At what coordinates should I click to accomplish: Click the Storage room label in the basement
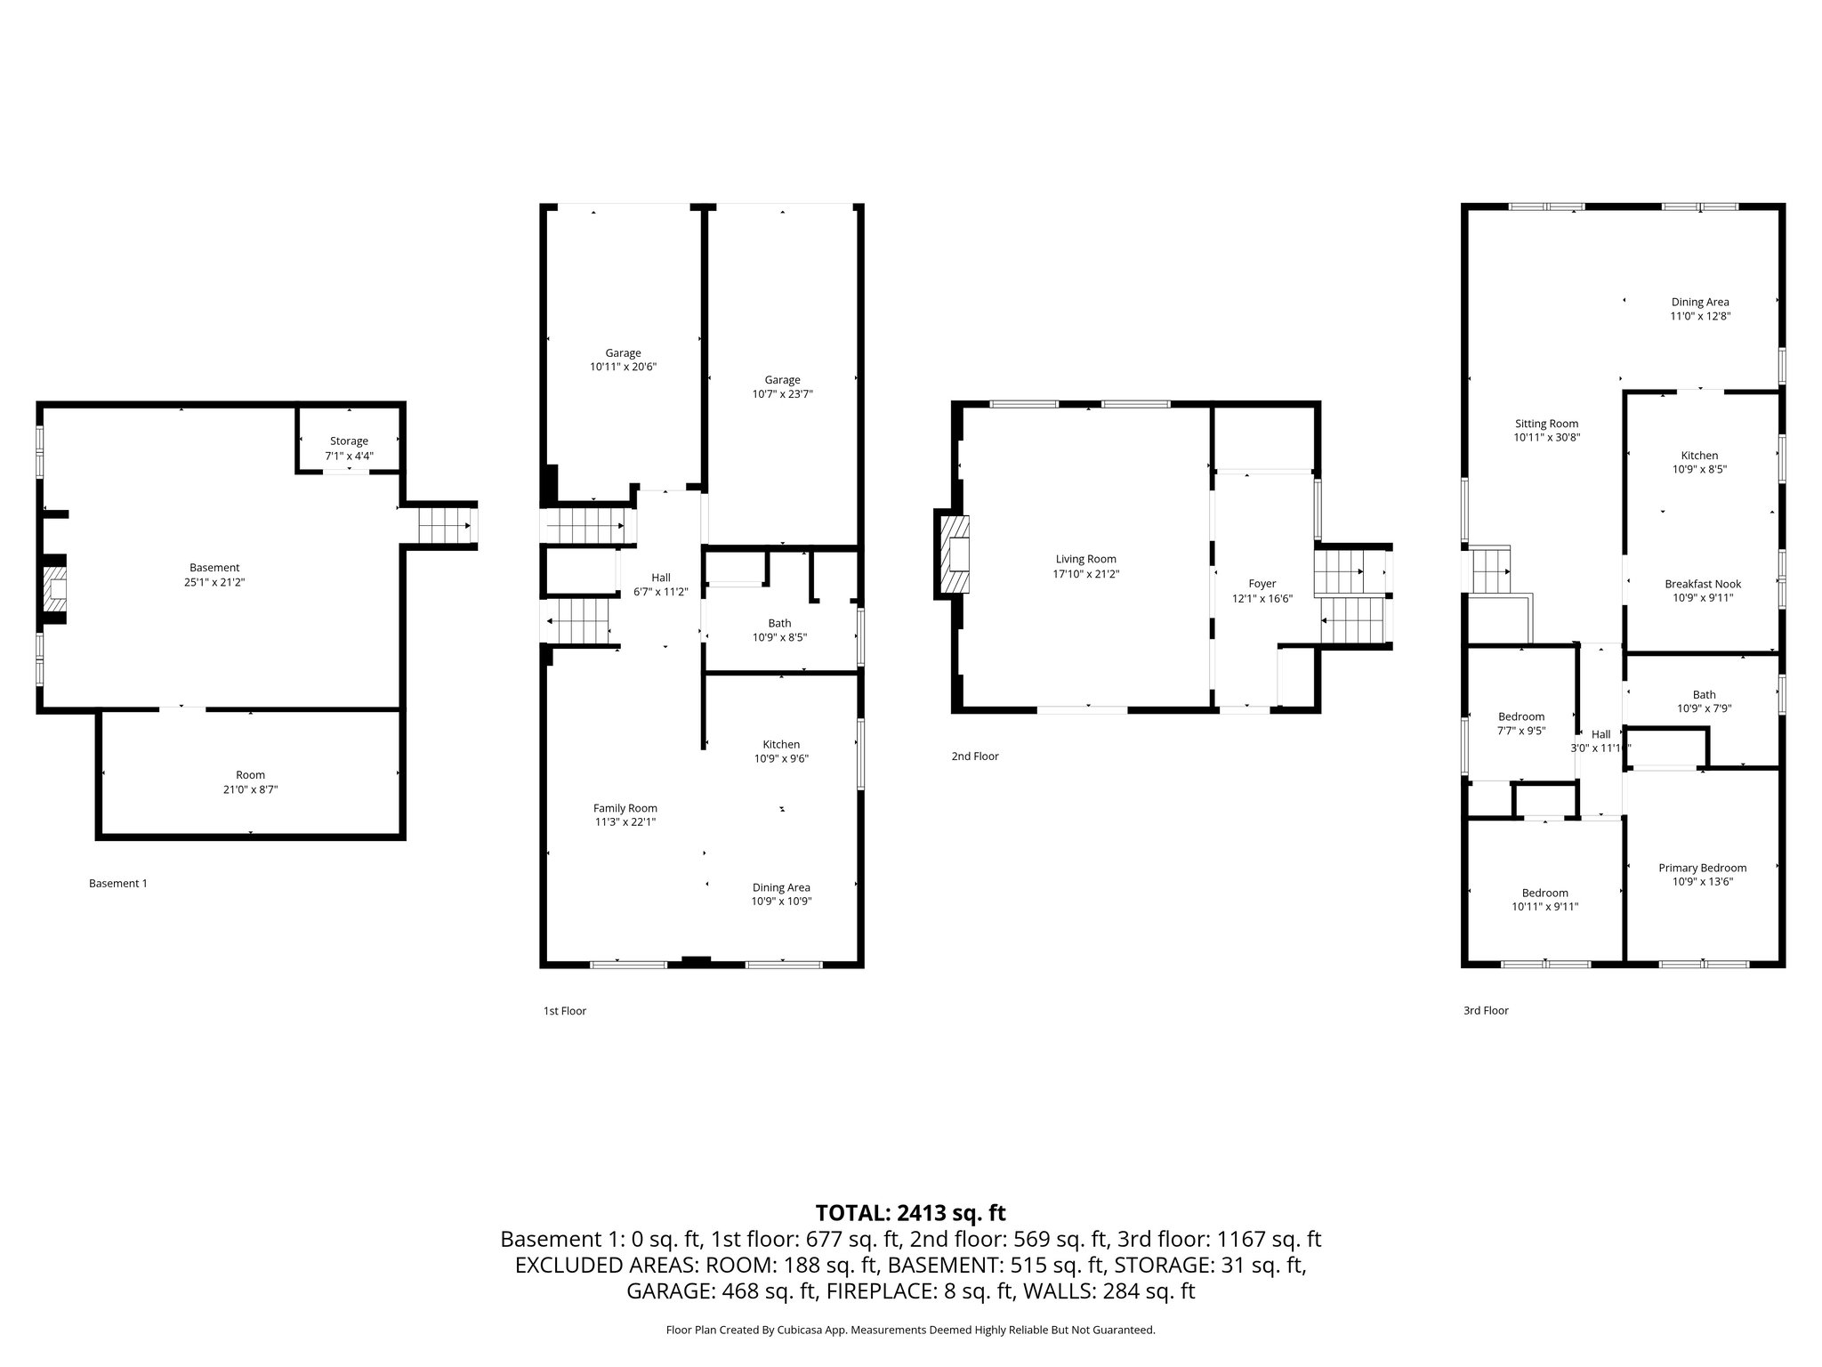tap(349, 441)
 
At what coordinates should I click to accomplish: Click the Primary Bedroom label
tap(1702, 868)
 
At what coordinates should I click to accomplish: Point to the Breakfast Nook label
tap(1703, 584)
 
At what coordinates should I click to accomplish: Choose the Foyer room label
tap(1262, 584)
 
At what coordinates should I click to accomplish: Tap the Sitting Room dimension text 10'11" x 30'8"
tap(1547, 438)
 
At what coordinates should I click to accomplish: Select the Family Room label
tap(625, 808)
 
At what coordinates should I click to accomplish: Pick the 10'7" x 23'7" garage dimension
tap(782, 394)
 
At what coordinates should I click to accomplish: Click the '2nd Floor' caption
tap(975, 756)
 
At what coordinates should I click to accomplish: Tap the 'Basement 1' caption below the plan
tap(118, 883)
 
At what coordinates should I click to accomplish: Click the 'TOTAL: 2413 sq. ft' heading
tap(910, 1212)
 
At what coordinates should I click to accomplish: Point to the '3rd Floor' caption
tap(1486, 1010)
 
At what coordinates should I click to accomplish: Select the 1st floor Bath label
tap(779, 623)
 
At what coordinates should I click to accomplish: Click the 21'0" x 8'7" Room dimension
tap(251, 789)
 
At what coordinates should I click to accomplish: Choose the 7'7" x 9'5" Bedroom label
tap(1521, 724)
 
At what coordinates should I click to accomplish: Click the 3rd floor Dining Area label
tap(1700, 302)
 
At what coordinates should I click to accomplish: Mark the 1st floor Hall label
tap(661, 578)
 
